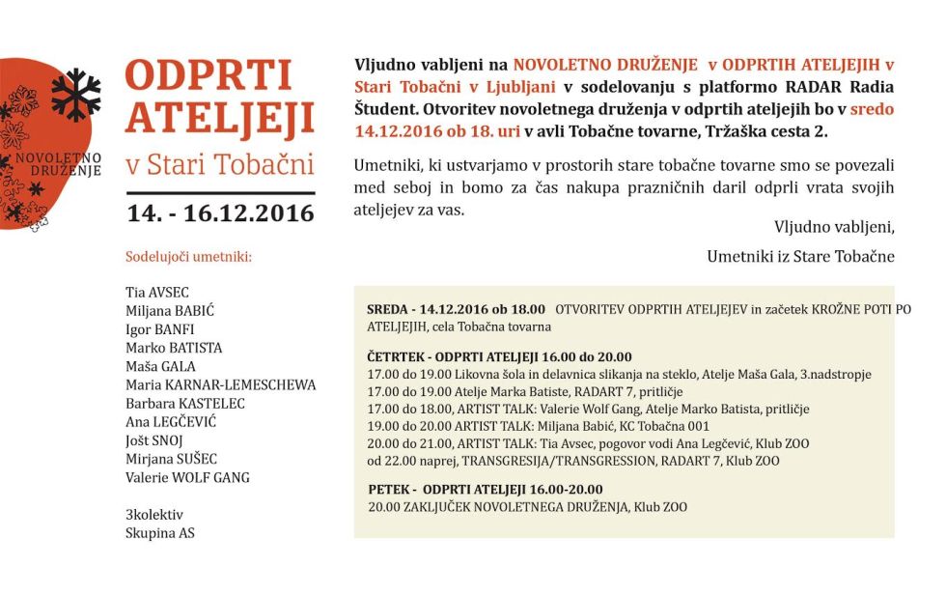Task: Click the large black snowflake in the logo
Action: pos(75,94)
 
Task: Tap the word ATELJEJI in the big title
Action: pos(220,118)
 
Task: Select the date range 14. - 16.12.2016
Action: pos(220,212)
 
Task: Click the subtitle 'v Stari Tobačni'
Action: pos(220,165)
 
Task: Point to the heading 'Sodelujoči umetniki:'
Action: pos(189,258)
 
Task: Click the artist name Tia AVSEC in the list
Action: pos(157,292)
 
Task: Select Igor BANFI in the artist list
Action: pos(160,328)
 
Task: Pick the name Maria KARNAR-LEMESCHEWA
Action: pos(220,384)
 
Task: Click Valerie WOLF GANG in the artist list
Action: pos(187,477)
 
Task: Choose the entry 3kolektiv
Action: pos(153,514)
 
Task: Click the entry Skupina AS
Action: pos(160,532)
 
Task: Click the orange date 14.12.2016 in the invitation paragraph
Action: pos(395,130)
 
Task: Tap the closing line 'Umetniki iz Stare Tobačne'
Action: pos(800,256)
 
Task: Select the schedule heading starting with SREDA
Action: pos(456,309)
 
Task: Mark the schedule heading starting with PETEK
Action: pos(486,489)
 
